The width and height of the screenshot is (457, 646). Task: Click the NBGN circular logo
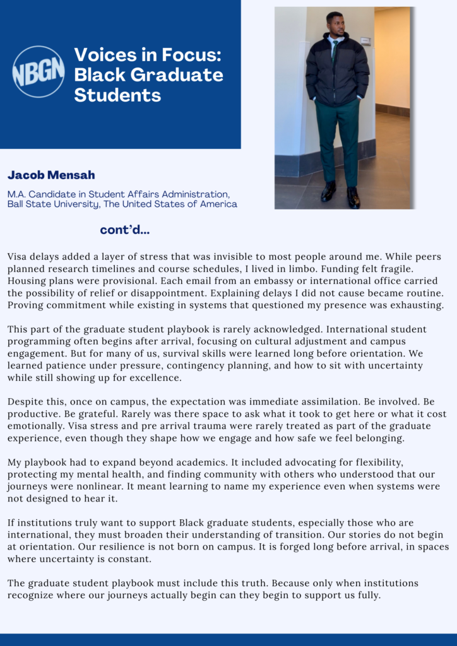pos(39,71)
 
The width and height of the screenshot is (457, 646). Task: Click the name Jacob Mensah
pos(51,175)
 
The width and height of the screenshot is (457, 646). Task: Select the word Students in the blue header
pos(117,95)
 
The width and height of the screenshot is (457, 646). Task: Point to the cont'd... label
pos(124,230)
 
